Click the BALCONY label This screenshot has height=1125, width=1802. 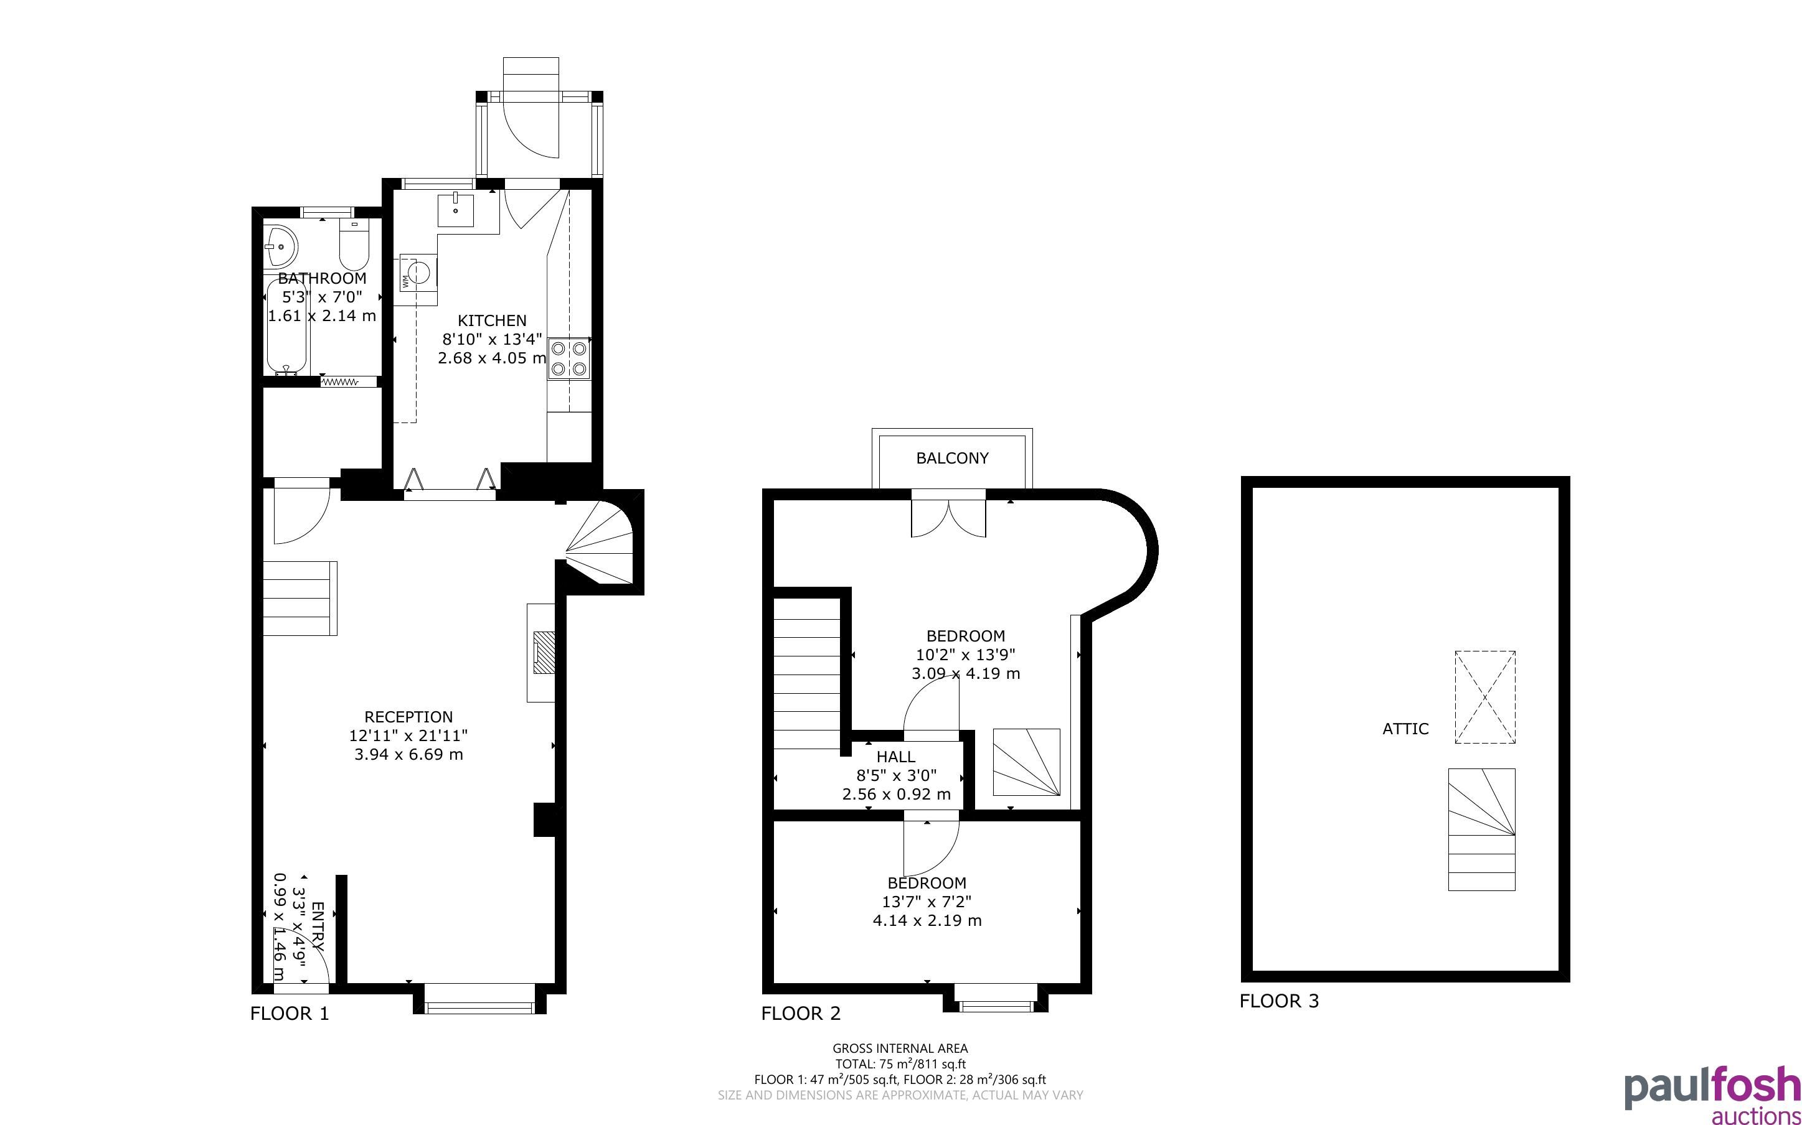tap(952, 459)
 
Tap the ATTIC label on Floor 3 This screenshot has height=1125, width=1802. tap(1405, 729)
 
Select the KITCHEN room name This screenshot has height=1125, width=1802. tap(491, 320)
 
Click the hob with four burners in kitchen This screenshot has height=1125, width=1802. tap(569, 358)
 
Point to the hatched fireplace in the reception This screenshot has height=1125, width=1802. tap(545, 653)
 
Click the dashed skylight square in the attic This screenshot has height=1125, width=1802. tap(1485, 697)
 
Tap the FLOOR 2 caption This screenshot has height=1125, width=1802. tap(800, 1014)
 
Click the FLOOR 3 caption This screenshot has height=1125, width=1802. tap(1279, 1001)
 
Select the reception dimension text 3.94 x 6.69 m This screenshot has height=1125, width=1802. tap(408, 755)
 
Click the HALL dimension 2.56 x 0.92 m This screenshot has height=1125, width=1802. tap(896, 795)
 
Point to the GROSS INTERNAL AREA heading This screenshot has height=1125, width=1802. tap(900, 1048)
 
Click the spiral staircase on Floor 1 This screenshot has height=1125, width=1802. tap(599, 543)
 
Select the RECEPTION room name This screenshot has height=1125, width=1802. tap(408, 717)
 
